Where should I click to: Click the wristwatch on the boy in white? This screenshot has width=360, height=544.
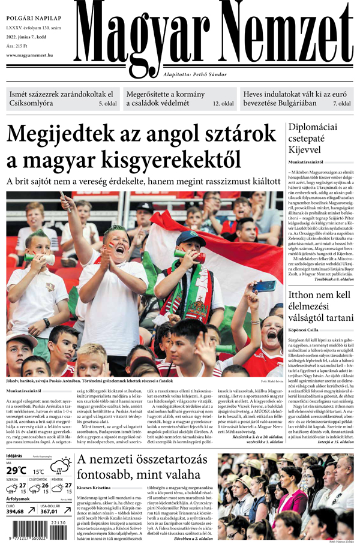click(46, 323)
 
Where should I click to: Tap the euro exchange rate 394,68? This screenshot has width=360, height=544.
click(19, 512)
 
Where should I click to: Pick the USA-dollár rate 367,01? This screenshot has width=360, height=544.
click(53, 512)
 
